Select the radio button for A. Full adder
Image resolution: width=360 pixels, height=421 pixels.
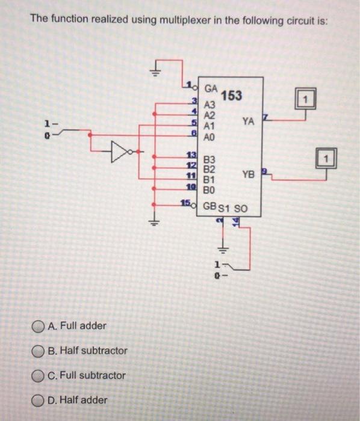click(x=39, y=326)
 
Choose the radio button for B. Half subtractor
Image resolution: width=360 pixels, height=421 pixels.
click(x=39, y=351)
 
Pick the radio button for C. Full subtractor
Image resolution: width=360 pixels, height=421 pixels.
click(x=39, y=375)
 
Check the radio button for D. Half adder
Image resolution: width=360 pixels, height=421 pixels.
click(x=39, y=400)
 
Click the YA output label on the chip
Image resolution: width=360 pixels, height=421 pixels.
click(x=248, y=121)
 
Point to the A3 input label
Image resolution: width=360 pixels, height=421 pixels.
click(x=210, y=105)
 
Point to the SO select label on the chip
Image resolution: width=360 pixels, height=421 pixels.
click(x=240, y=208)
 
